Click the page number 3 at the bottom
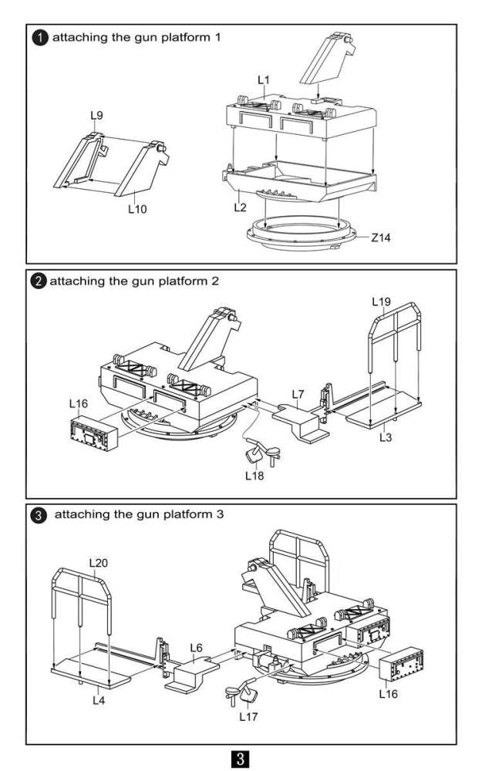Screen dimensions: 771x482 (241, 755)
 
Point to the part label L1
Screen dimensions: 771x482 (263, 80)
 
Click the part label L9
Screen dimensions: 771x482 (96, 116)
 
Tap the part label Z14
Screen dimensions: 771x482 (381, 237)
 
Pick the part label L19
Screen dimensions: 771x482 (382, 301)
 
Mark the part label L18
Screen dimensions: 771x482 (255, 476)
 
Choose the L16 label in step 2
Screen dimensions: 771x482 (79, 402)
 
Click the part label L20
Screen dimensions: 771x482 (98, 563)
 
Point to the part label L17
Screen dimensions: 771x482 (248, 716)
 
